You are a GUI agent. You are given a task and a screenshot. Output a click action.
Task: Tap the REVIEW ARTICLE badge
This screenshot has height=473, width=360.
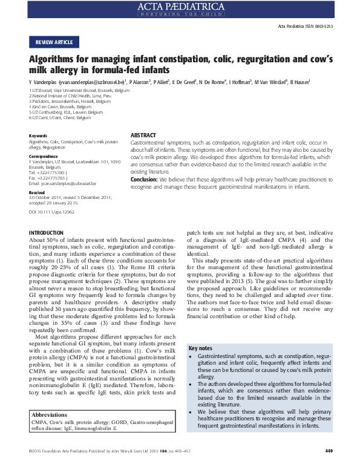pyautogui.click(x=54, y=42)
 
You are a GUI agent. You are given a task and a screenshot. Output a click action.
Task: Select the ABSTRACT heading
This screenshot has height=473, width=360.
pyautogui.click(x=143, y=134)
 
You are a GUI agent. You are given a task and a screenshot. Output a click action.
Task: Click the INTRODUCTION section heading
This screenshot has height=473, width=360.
pyautogui.click(x=46, y=232)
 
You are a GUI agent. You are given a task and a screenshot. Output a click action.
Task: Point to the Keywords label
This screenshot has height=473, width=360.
pyautogui.click(x=38, y=135)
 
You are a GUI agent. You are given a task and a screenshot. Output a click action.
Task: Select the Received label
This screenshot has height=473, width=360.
pyautogui.click(x=37, y=192)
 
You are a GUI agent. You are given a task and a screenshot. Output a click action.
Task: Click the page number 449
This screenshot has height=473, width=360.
pyautogui.click(x=329, y=467)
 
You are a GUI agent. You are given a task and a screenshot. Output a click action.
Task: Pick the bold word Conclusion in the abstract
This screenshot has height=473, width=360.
pyautogui.click(x=145, y=179)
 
